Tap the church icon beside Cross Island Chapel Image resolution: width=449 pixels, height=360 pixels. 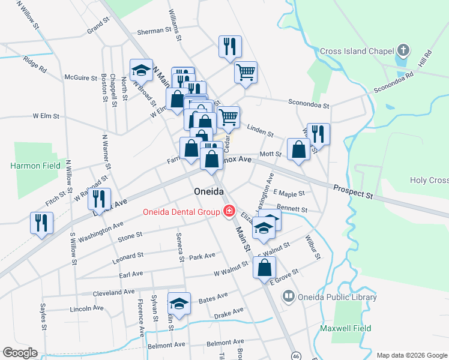pos(404,50)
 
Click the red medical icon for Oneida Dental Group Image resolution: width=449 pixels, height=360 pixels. pos(229,211)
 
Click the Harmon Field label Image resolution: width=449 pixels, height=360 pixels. pos(35,164)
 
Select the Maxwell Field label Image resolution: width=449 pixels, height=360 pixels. pos(363,328)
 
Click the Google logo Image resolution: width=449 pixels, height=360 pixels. pos(20,353)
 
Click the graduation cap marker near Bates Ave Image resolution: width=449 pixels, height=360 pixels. pos(179,302)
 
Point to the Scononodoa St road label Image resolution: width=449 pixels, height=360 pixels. pos(309,104)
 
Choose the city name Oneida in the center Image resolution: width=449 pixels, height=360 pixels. pos(209,191)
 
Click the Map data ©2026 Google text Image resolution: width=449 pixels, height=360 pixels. pos(411,354)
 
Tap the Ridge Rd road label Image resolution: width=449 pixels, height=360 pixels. pos(34,64)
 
